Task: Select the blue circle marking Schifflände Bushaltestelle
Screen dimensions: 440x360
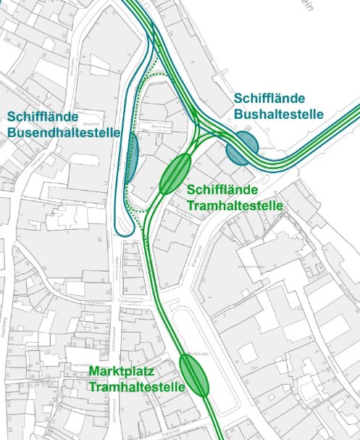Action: tap(240, 149)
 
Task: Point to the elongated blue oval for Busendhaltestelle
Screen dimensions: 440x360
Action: tap(132, 157)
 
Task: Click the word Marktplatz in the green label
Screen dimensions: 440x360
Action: tap(121, 372)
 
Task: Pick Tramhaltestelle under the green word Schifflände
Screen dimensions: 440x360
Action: tap(235, 206)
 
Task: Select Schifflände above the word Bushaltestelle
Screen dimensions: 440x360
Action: tap(269, 99)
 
